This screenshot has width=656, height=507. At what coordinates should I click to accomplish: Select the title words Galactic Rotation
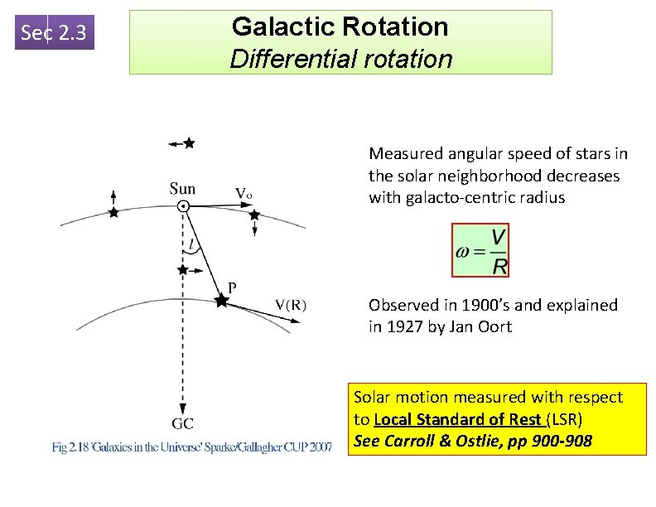[340, 27]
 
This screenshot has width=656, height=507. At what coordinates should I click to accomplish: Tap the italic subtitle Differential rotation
[340, 59]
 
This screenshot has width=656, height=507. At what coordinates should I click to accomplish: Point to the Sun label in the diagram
[182, 188]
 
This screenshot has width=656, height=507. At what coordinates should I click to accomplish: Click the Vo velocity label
[244, 193]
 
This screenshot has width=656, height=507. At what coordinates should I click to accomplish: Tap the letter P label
[232, 287]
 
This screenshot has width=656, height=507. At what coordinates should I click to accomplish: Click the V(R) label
[291, 303]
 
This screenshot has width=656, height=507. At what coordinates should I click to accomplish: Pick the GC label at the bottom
[183, 423]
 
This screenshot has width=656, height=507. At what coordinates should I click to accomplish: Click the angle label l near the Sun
[192, 244]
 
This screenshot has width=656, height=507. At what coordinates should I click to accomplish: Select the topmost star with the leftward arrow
[189, 143]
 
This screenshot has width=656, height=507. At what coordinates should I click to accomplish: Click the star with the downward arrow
[254, 215]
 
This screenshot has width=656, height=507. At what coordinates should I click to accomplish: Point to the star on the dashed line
[182, 270]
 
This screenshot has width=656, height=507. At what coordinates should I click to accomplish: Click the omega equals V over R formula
[481, 250]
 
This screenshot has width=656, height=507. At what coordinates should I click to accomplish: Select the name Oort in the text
[495, 326]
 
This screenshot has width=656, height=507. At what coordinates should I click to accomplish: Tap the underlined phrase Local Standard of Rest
[458, 419]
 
